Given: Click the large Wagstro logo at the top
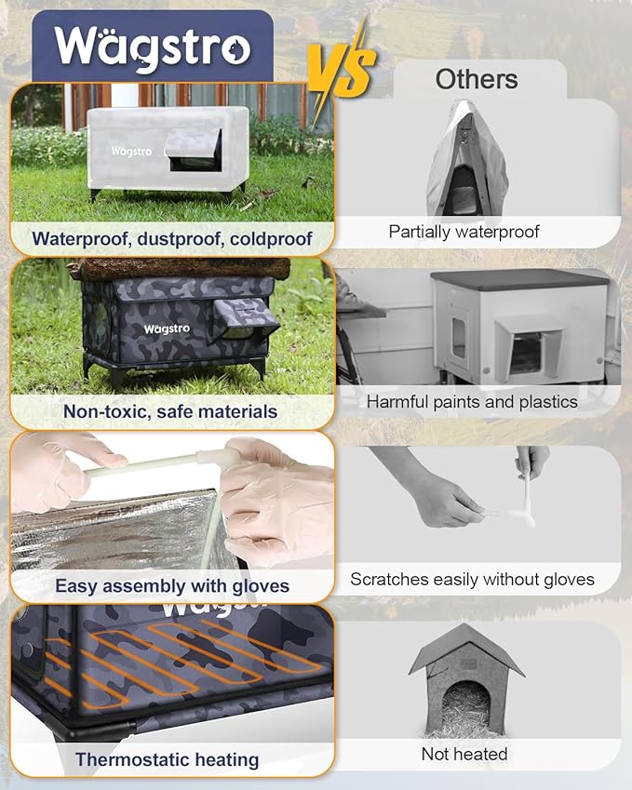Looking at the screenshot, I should point(152,47).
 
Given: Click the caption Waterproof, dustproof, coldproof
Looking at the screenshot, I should point(171,238).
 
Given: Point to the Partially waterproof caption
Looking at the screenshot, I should point(464,232).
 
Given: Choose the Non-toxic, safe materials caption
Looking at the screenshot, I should point(170,410).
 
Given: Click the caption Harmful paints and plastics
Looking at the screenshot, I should point(472,402).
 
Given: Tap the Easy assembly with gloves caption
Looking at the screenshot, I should point(172,586).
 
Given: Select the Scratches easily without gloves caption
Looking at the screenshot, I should point(472,579).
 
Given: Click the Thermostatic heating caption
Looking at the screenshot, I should point(167,759).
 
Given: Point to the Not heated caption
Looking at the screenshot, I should point(464,753).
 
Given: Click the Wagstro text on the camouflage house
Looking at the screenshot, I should point(167,328).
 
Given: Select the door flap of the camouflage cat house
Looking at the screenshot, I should point(246,318).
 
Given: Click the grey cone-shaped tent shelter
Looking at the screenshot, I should point(466,170).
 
